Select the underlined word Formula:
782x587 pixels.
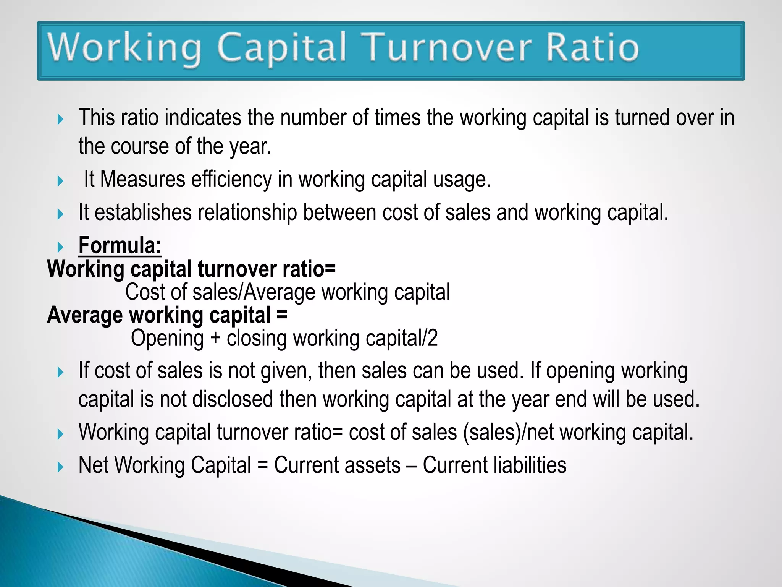[120, 245]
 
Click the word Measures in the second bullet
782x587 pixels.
[142, 179]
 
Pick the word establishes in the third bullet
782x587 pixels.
[143, 212]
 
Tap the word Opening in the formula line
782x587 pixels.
[167, 339]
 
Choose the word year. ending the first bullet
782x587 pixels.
[250, 147]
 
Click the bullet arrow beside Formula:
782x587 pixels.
[60, 247]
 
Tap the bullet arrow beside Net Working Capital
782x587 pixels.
[60, 467]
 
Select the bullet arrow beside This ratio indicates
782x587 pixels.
[60, 119]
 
